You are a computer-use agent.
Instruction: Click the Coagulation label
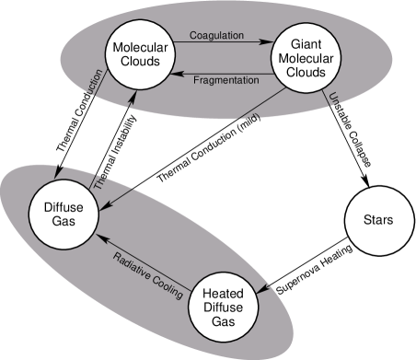[216, 36]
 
